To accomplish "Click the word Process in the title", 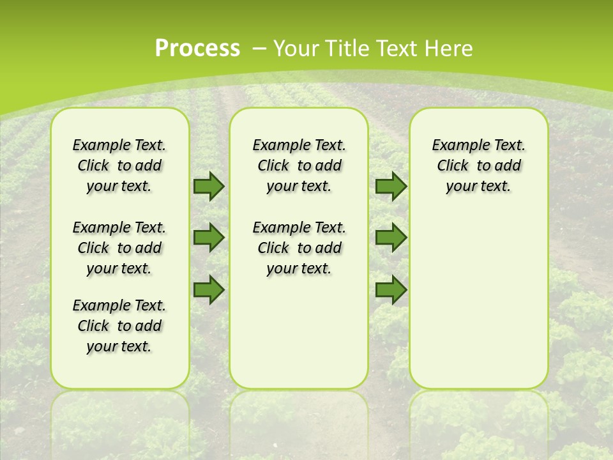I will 197,49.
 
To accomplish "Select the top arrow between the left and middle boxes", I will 208,186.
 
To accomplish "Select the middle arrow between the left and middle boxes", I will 208,238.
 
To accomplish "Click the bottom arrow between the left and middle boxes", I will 208,290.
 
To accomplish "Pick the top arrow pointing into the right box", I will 391,186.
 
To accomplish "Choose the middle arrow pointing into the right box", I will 391,238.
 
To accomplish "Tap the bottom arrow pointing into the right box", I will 391,290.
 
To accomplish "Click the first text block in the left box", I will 119,165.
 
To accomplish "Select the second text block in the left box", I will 119,248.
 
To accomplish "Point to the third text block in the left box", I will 119,326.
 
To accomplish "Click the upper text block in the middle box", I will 299,165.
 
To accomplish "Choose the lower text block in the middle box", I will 299,248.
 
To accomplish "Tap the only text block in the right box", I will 478,165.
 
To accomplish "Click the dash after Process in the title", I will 259,49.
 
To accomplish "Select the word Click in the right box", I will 453,166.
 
